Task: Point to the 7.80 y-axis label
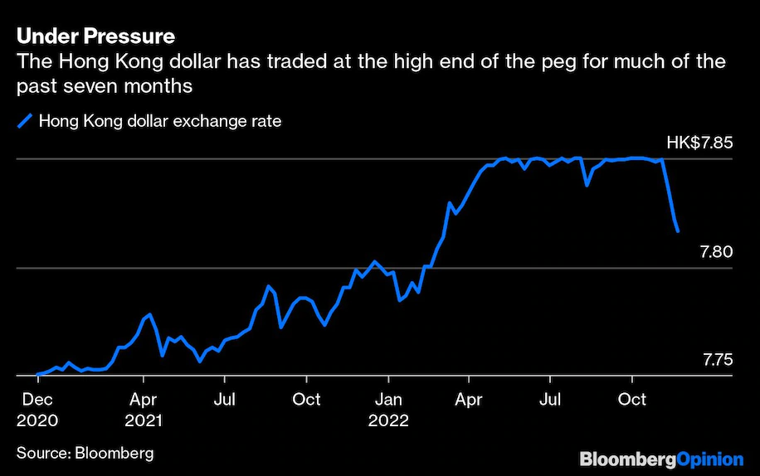tap(716, 251)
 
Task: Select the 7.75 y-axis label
tap(718, 360)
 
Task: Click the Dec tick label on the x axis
tap(37, 400)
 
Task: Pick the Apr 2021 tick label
tap(144, 400)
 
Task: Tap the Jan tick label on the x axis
tap(388, 400)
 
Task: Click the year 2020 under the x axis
tap(37, 420)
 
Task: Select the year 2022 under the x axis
tap(388, 420)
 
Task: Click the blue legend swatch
tap(25, 121)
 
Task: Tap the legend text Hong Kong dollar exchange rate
tap(160, 121)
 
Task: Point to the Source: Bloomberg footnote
tap(85, 453)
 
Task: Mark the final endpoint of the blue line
tap(679, 231)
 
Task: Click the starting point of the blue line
tap(37, 375)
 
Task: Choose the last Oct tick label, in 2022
tap(632, 400)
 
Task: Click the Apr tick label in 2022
tap(469, 400)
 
